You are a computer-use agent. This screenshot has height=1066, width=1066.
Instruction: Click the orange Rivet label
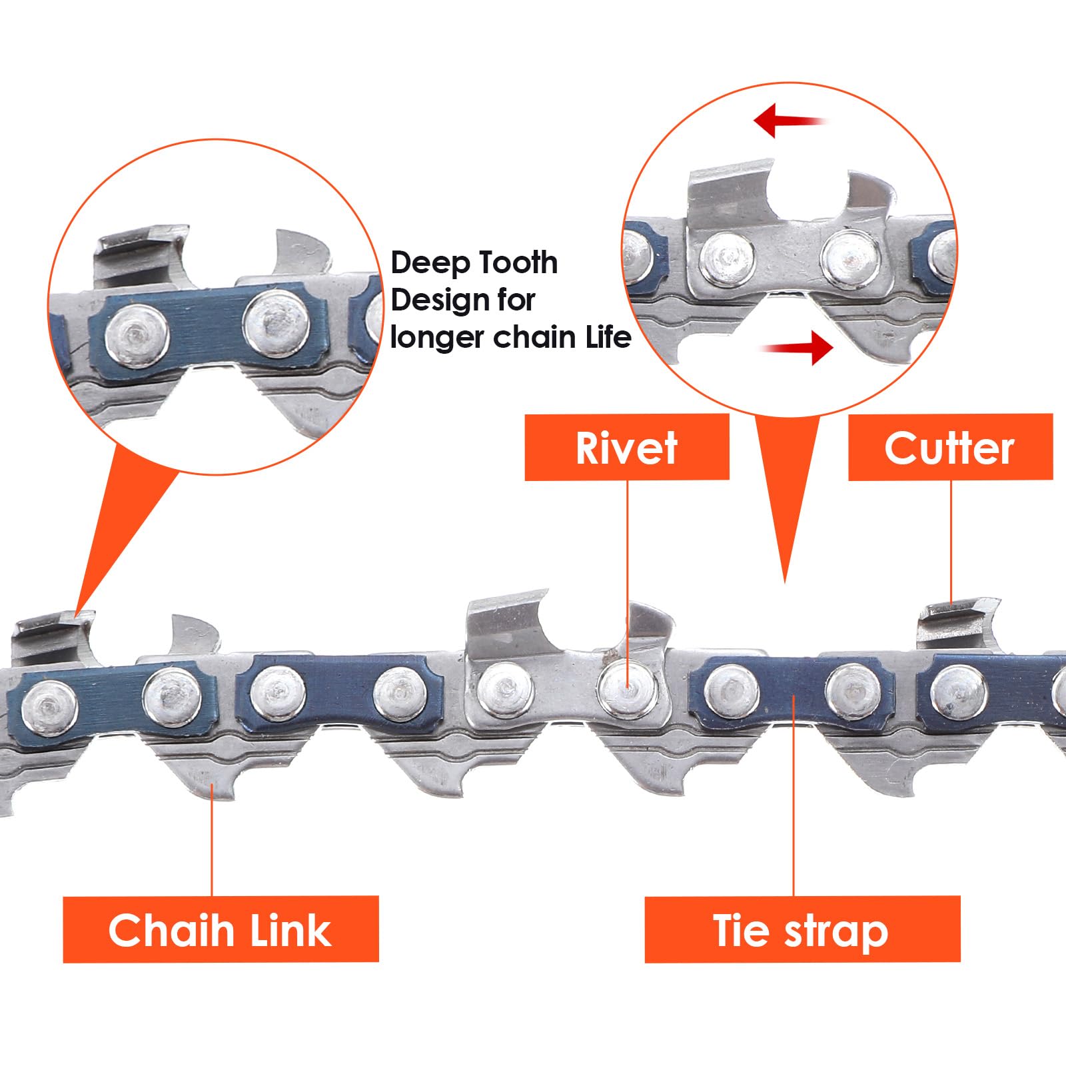coord(627,447)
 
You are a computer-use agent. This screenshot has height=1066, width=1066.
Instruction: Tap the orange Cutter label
coord(950,447)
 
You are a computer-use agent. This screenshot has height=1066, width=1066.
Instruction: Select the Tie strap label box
coord(802,929)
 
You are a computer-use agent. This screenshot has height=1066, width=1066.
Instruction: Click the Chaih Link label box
coord(221,929)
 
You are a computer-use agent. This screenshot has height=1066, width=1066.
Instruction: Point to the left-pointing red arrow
coord(790,120)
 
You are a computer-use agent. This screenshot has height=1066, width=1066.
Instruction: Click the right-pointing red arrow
coord(797,347)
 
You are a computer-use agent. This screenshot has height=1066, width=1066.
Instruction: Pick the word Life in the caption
coord(608,337)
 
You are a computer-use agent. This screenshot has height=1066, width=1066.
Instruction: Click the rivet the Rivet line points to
coord(627,687)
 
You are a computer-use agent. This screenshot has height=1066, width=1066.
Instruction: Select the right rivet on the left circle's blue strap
coord(275,323)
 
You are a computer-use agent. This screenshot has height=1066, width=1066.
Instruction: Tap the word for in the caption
coord(515,300)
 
